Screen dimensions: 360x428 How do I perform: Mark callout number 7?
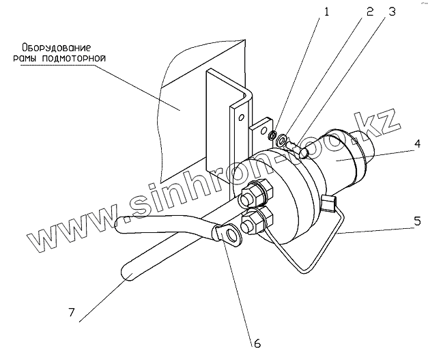(70, 314)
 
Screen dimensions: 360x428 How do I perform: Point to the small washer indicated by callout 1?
(272, 134)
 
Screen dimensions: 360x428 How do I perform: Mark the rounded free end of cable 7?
(129, 274)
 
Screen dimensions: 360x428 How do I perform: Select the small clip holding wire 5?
(327, 200)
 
